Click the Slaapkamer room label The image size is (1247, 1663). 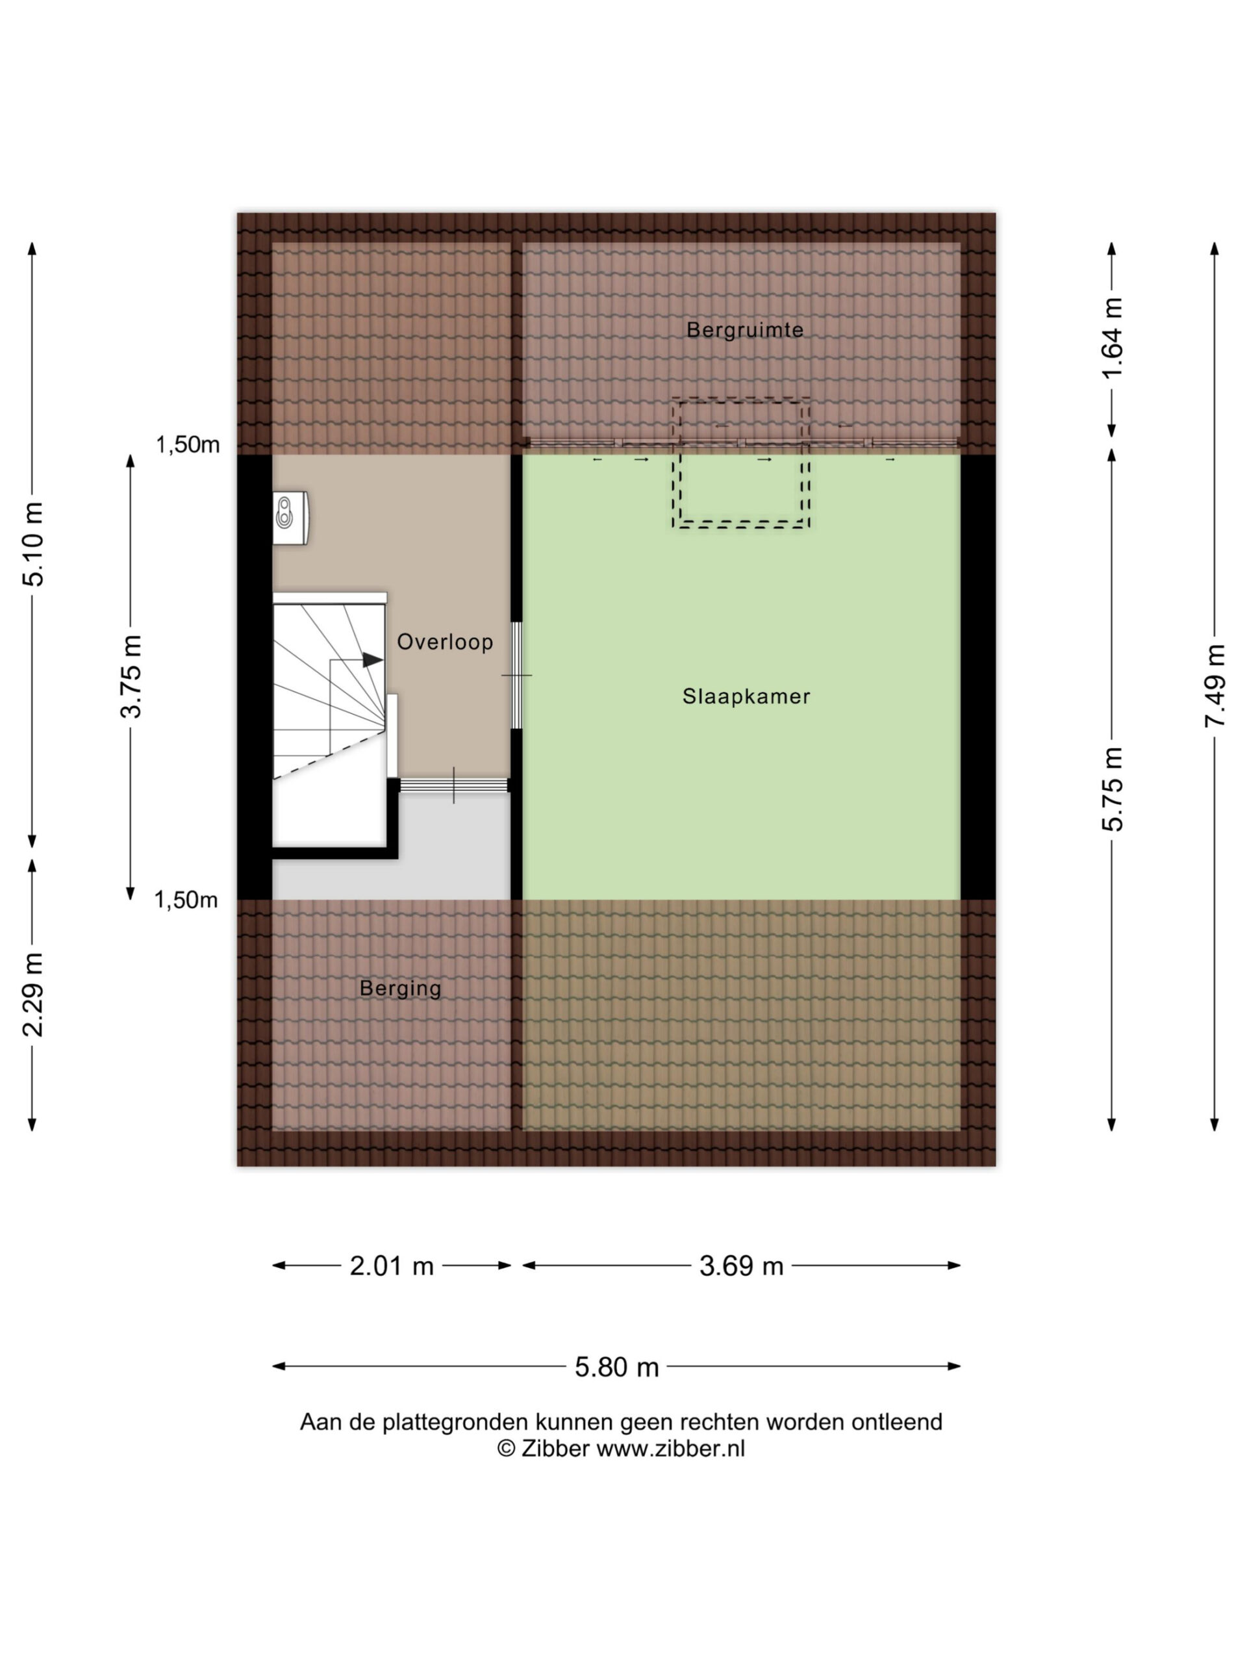point(746,696)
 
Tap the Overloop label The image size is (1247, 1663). point(445,641)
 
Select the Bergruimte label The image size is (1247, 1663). point(745,329)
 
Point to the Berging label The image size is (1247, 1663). point(400,988)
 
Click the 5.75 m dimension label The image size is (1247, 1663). point(1112,789)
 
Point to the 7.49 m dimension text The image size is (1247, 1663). point(1215,685)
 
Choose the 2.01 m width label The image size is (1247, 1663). point(392,1266)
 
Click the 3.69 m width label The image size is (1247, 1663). point(741,1266)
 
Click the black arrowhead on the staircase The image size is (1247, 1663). point(373,659)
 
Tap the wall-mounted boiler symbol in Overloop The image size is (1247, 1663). point(291,517)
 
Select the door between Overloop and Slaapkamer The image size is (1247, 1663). point(516,675)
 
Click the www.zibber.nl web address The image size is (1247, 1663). point(670,1448)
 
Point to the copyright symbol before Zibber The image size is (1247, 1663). point(506,1448)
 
